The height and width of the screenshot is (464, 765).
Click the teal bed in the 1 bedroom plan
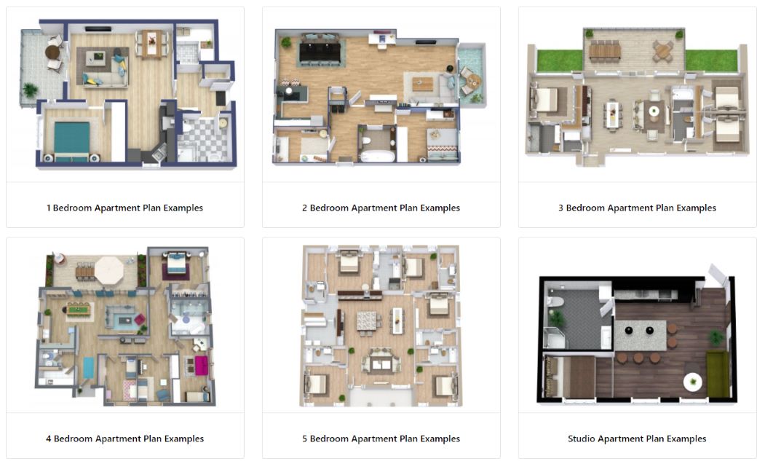(x=70, y=138)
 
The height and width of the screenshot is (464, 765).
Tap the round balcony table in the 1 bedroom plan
(x=52, y=52)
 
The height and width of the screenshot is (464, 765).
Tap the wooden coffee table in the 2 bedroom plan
(x=422, y=84)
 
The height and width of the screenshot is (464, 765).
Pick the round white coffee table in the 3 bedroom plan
(x=654, y=111)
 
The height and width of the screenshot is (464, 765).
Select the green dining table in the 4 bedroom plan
(x=76, y=311)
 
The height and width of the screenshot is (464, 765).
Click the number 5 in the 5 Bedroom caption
(x=305, y=439)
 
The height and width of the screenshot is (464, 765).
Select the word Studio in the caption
(x=582, y=439)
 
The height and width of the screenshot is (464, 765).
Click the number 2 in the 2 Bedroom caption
(x=305, y=208)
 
